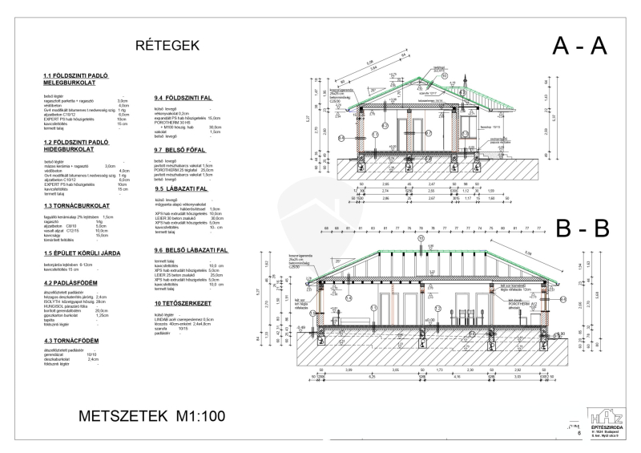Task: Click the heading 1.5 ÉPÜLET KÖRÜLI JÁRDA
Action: (83, 253)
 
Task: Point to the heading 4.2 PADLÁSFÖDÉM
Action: (71, 282)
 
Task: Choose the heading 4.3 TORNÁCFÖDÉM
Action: (71, 342)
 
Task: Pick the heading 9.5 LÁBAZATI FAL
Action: (181, 188)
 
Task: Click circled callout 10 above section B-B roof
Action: (421, 238)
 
